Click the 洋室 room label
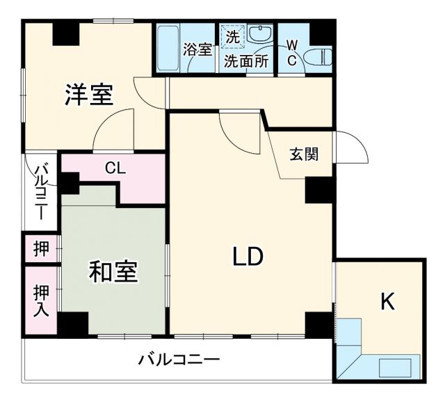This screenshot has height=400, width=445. (89, 95)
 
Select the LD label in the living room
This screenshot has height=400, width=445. (248, 257)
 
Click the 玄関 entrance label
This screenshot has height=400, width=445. (304, 154)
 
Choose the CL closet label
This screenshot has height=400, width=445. (115, 168)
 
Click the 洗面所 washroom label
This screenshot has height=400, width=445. (245, 61)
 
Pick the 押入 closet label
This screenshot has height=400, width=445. (41, 301)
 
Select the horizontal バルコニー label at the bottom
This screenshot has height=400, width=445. (179, 360)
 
